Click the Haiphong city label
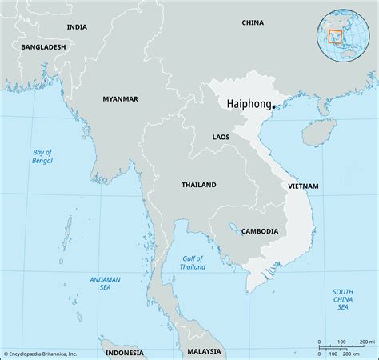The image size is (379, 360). click(249, 104)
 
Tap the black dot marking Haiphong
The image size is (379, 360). click(273, 106)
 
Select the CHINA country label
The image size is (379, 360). click(253, 22)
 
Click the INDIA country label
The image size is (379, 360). click(77, 26)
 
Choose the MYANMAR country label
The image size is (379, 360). click(120, 98)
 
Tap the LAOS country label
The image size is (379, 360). click(221, 138)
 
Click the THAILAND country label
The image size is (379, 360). click(198, 185)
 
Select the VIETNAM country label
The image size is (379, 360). click(303, 186)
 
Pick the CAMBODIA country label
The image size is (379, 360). click(259, 231)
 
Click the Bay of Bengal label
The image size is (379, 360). click(42, 156)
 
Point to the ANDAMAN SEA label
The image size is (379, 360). click(105, 284)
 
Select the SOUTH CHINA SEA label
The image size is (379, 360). click(342, 299)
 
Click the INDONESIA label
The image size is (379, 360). click(124, 352)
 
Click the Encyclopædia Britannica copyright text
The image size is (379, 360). click(40, 353)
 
